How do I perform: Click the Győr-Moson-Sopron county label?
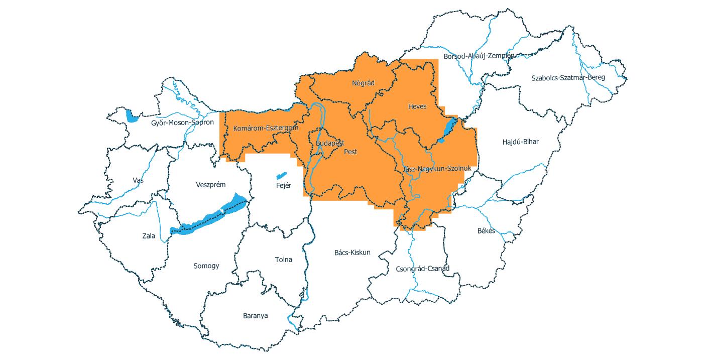pyautogui.click(x=182, y=122)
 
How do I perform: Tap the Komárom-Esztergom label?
pyautogui.click(x=266, y=129)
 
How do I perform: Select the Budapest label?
pyautogui.click(x=330, y=143)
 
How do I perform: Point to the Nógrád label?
pyautogui.click(x=363, y=83)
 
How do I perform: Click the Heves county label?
pyautogui.click(x=417, y=106)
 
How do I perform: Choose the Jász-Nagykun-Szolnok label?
pyautogui.click(x=436, y=168)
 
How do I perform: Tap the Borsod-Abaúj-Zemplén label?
pyautogui.click(x=479, y=56)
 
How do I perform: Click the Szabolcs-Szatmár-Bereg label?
pyautogui.click(x=568, y=78)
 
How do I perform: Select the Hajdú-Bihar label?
pyautogui.click(x=520, y=142)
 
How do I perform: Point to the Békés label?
pyautogui.click(x=486, y=231)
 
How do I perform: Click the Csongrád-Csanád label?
pyautogui.click(x=423, y=268)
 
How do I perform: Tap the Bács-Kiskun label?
pyautogui.click(x=352, y=252)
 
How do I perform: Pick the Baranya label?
pyautogui.click(x=255, y=316)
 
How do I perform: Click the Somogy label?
pyautogui.click(x=206, y=266)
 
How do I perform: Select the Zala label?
pyautogui.click(x=149, y=235)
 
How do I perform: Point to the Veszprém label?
pyautogui.click(x=211, y=184)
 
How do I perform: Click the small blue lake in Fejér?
pyautogui.click(x=281, y=176)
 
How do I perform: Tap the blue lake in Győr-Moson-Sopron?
pyautogui.click(x=132, y=116)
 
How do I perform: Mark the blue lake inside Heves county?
pyautogui.click(x=449, y=130)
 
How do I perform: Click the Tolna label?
pyautogui.click(x=283, y=260)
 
